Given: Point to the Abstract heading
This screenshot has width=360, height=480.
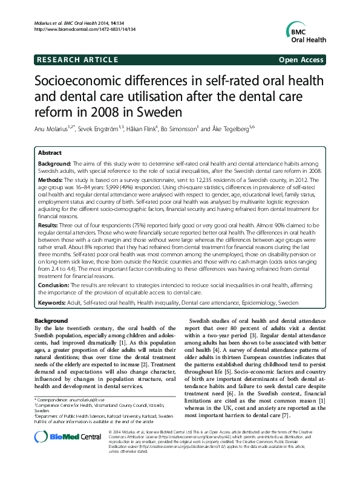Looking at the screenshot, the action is [x=50, y=154].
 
